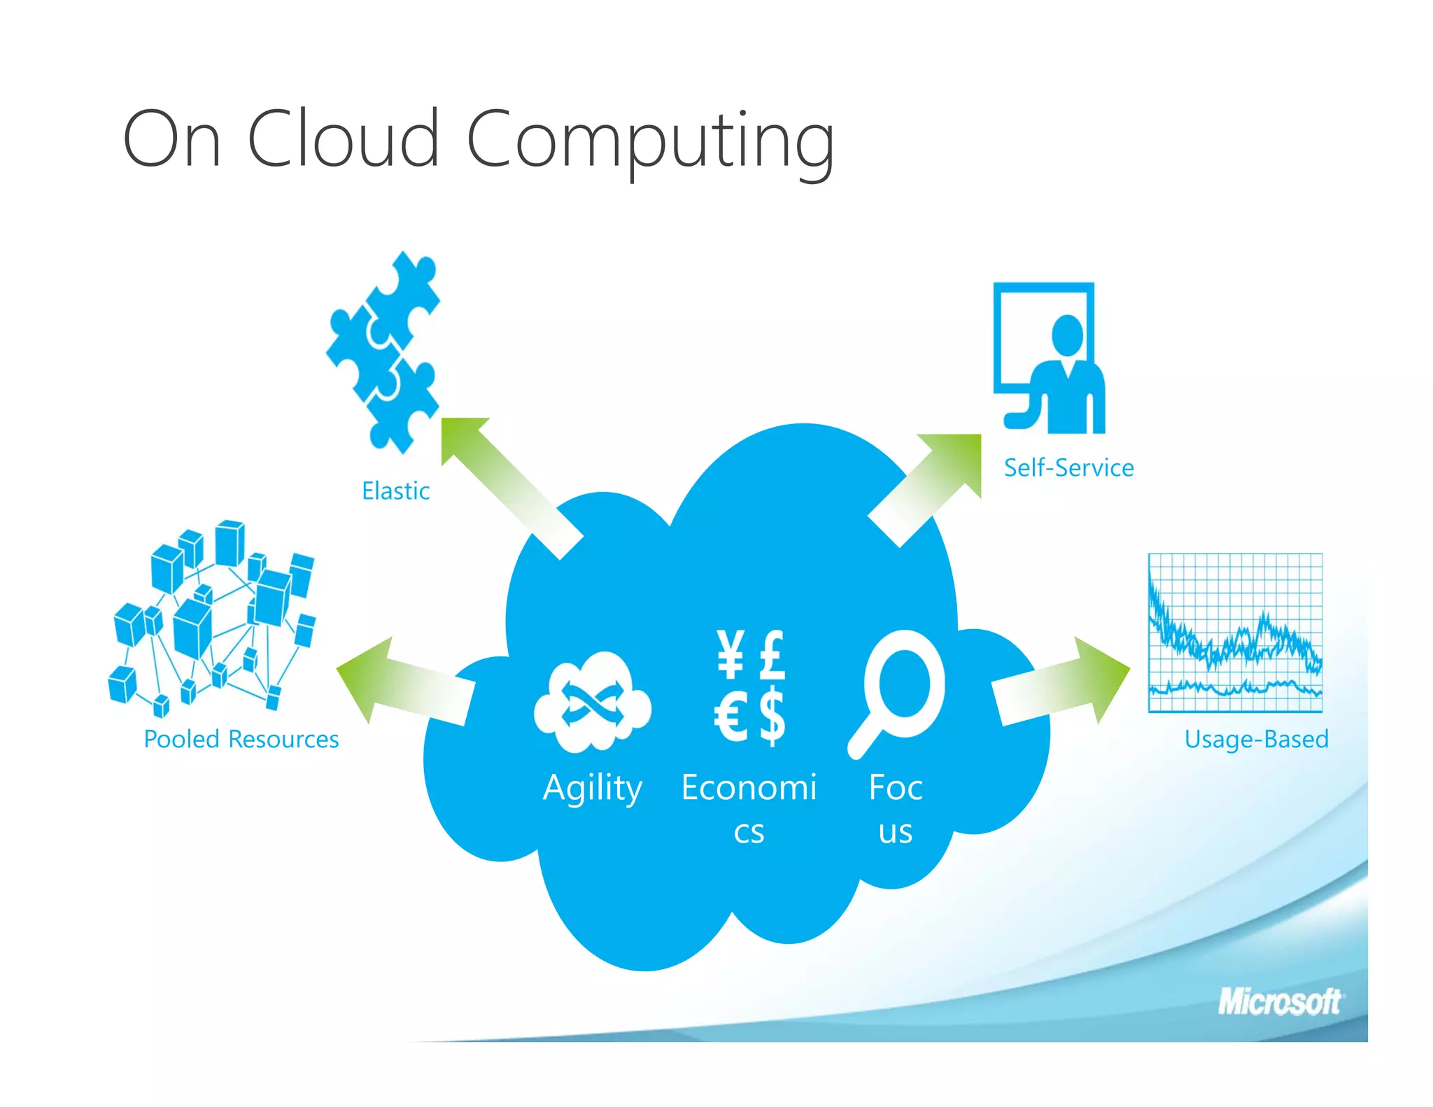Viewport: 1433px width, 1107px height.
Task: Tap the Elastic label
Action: (x=395, y=491)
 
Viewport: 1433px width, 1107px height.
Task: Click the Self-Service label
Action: (x=1068, y=467)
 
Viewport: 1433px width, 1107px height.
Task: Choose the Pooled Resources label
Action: (x=241, y=739)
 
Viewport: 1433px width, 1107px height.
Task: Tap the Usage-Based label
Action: (x=1256, y=739)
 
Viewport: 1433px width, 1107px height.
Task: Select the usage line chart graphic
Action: (x=1235, y=633)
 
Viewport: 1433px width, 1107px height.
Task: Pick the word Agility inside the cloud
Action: (x=593, y=789)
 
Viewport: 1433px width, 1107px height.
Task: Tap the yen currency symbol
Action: (x=730, y=654)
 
